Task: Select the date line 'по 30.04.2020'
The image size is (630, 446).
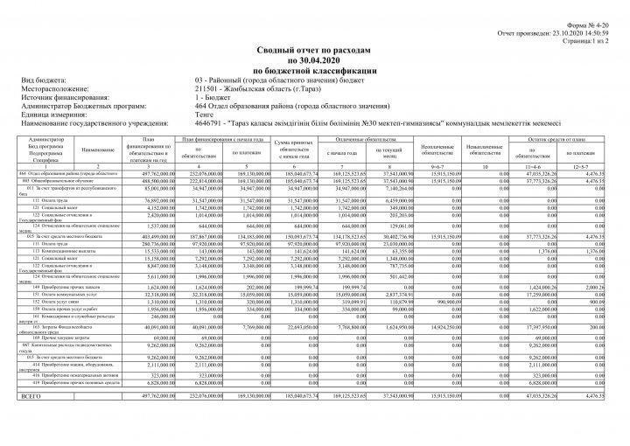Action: point(314,62)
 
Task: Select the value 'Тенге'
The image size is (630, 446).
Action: point(206,115)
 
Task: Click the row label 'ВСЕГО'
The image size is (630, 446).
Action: point(31,396)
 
